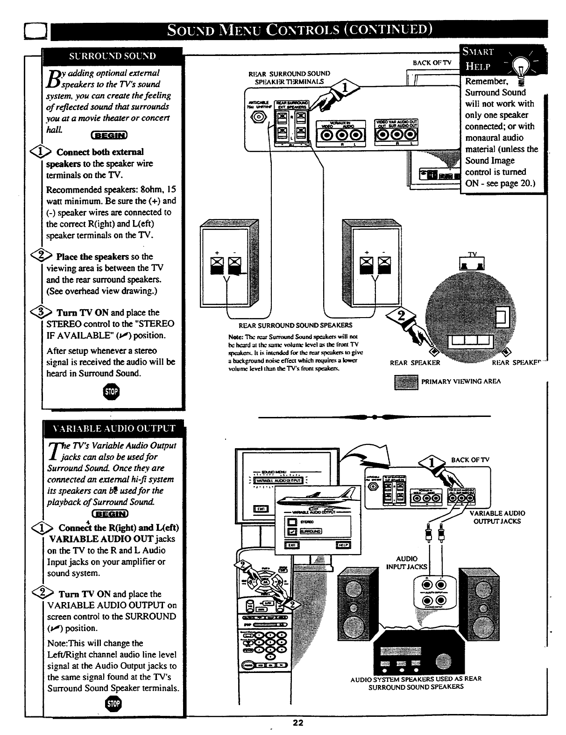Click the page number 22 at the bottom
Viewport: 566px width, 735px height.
pyautogui.click(x=298, y=723)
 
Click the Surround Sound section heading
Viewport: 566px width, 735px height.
pyautogui.click(x=113, y=56)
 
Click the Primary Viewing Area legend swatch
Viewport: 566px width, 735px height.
pyautogui.click(x=405, y=381)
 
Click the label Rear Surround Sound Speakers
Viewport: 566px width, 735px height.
pyautogui.click(x=296, y=325)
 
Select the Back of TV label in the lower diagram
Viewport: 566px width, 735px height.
pyautogui.click(x=470, y=460)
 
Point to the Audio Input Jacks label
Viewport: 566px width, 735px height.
pyautogui.click(x=406, y=562)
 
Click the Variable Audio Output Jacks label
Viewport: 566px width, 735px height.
pyautogui.click(x=497, y=517)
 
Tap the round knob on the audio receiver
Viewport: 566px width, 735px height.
pyautogui.click(x=441, y=662)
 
